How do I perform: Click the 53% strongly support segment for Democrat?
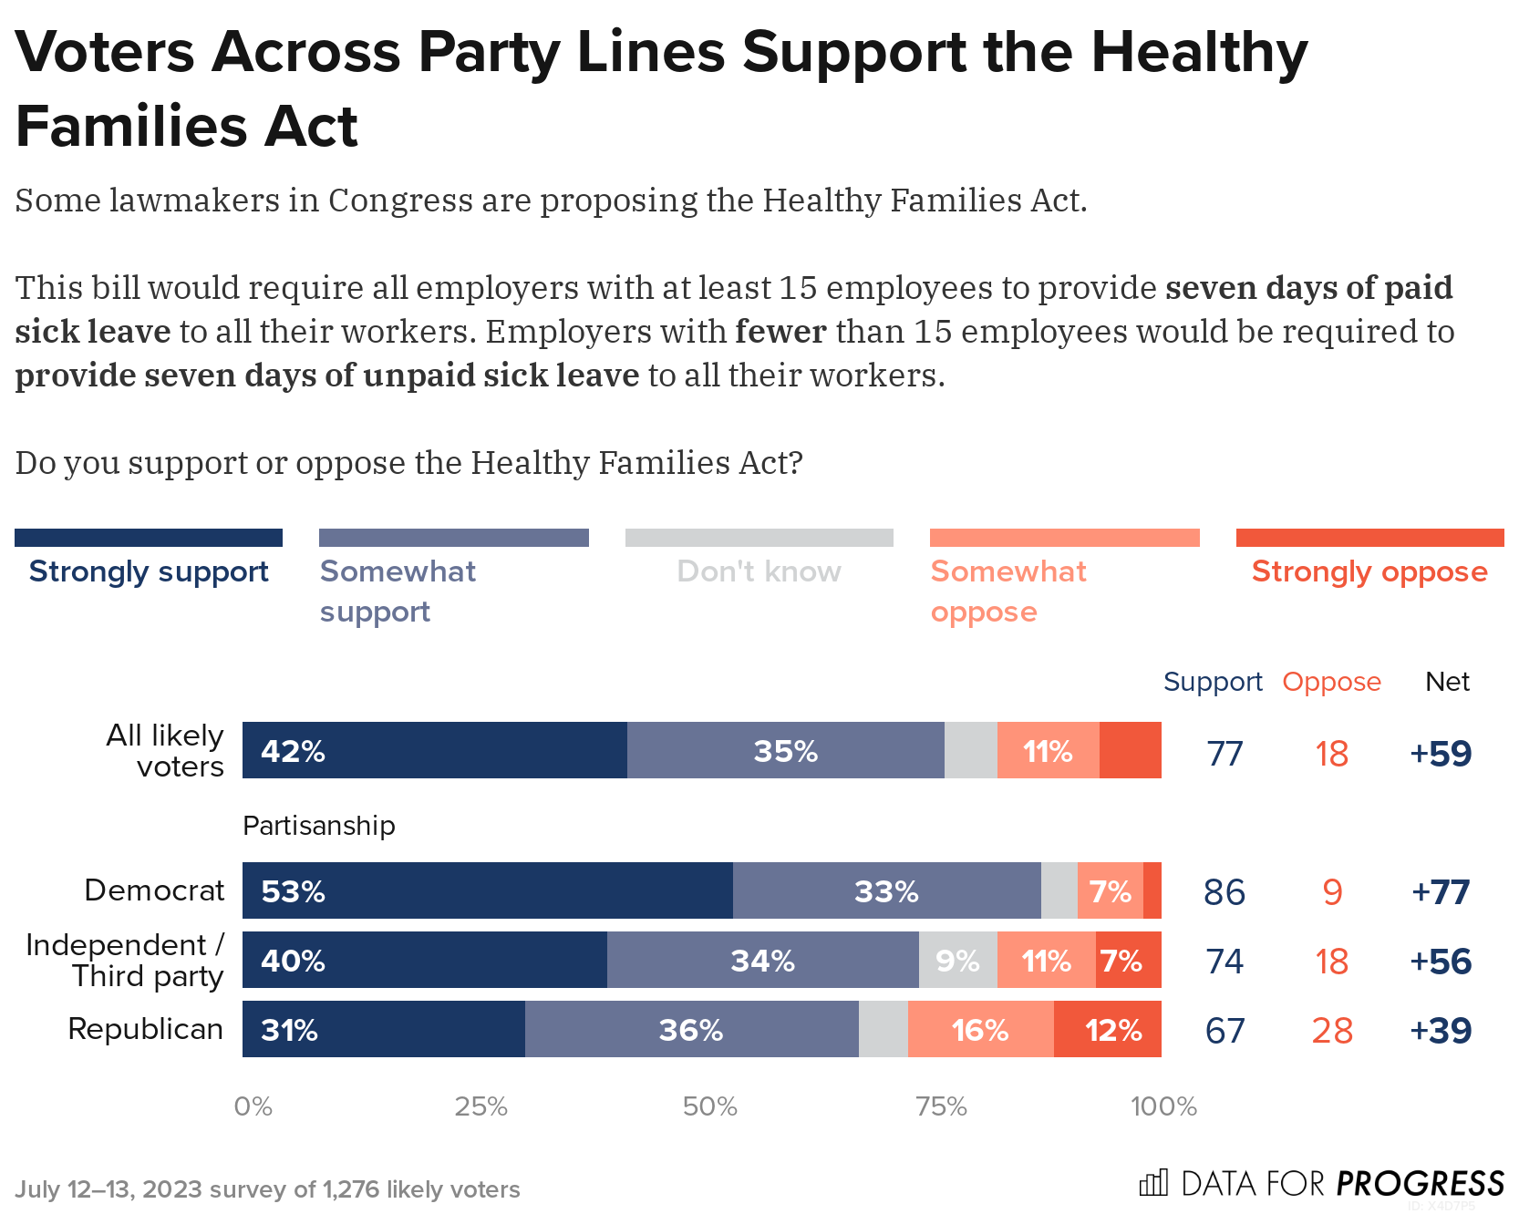[487, 890]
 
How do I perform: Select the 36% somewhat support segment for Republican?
[691, 1030]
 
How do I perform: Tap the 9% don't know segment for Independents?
[957, 961]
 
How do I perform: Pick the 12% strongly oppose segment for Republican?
[1108, 1030]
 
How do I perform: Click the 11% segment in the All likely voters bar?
[1048, 751]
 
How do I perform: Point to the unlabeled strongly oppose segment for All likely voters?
[1130, 751]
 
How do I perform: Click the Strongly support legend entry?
[149, 571]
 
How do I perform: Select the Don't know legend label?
[759, 571]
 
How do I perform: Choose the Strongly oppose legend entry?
[1369, 571]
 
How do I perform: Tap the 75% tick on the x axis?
[941, 1106]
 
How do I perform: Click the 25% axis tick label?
[480, 1106]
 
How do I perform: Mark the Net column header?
[1447, 682]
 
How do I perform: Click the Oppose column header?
[1331, 682]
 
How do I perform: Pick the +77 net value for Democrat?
[1441, 891]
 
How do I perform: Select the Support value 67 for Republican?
[1224, 1031]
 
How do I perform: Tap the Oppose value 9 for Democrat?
[1332, 892]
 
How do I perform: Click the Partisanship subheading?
[319, 826]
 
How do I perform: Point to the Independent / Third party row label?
[125, 961]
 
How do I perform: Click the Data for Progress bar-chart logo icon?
[1152, 1183]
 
